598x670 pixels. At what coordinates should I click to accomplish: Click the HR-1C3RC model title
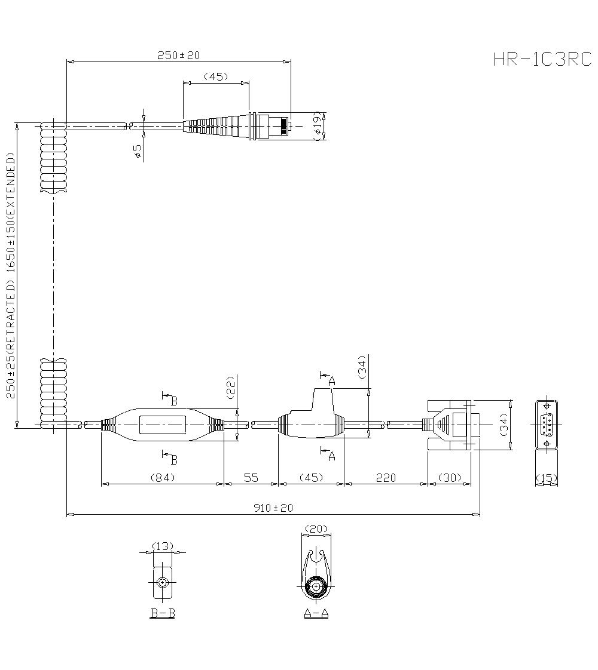pyautogui.click(x=542, y=60)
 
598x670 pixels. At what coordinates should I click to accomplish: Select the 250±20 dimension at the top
pyautogui.click(x=178, y=56)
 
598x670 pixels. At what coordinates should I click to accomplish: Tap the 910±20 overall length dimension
pyautogui.click(x=274, y=508)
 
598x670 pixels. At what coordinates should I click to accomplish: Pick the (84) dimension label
pyautogui.click(x=161, y=478)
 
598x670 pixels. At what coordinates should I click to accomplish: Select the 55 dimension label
pyautogui.click(x=251, y=478)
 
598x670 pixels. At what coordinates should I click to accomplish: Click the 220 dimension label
pyautogui.click(x=386, y=478)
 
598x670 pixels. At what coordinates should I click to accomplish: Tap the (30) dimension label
pyautogui.click(x=450, y=478)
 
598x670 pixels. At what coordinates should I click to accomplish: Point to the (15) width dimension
pyautogui.click(x=547, y=478)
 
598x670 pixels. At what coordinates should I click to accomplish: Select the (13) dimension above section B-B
pyautogui.click(x=162, y=546)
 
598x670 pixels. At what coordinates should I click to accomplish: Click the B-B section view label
pyautogui.click(x=162, y=613)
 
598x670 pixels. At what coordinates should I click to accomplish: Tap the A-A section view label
pyautogui.click(x=316, y=613)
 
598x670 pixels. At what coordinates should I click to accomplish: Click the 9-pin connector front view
pyautogui.click(x=547, y=425)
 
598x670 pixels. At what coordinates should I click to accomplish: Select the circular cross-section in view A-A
pyautogui.click(x=316, y=588)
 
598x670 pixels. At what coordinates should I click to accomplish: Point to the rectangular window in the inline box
pyautogui.click(x=163, y=425)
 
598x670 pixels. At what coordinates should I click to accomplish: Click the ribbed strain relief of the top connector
pyautogui.click(x=215, y=126)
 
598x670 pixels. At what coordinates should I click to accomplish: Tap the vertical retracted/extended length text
pyautogui.click(x=11, y=275)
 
